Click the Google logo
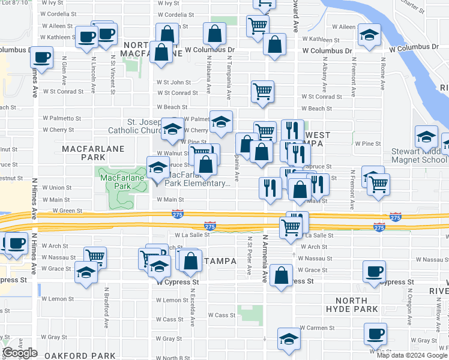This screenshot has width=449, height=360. pos(20,353)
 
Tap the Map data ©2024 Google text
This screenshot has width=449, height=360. pos(412,355)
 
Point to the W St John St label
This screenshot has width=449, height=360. pos(173,82)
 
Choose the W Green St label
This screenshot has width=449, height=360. pos(67,211)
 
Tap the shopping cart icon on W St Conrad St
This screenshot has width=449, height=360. pos(262,92)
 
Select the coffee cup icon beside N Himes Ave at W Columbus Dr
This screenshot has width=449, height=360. pos(41,58)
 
